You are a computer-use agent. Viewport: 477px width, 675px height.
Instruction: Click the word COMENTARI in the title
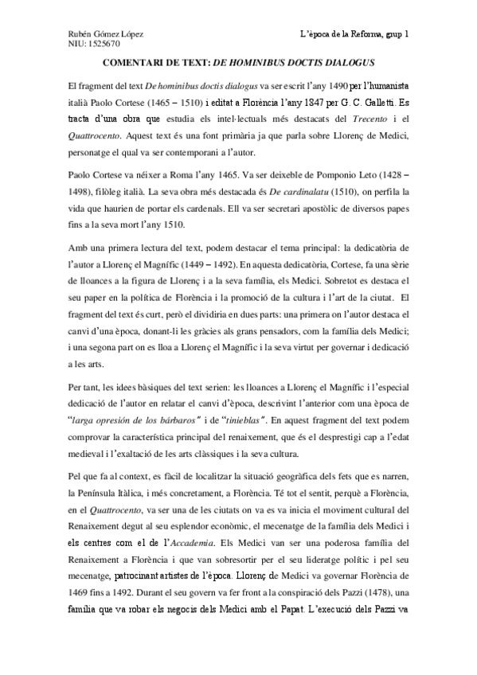click(x=135, y=62)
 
